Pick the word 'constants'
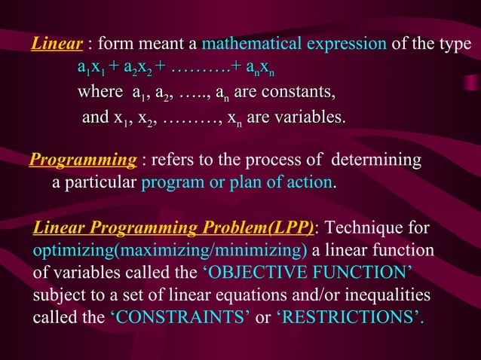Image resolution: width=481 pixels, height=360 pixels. [x=299, y=93]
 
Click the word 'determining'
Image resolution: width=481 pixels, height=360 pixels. [x=377, y=160]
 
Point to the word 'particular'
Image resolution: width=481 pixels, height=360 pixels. [x=100, y=182]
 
